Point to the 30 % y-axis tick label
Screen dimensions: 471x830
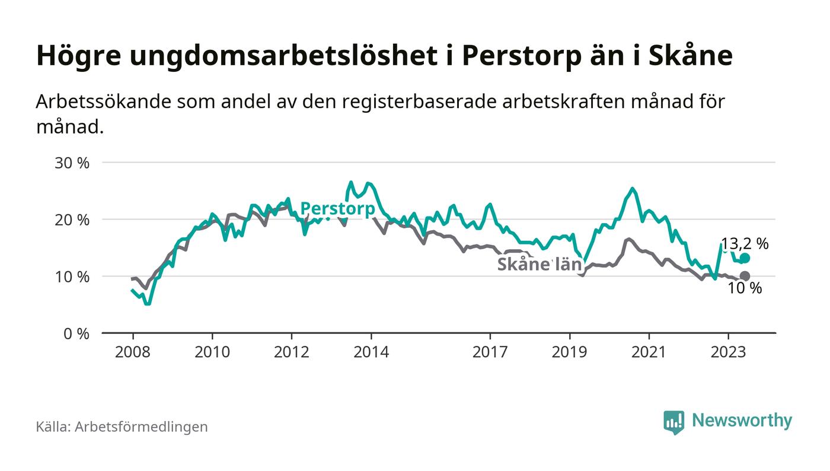(72, 163)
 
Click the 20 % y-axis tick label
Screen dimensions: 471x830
(72, 219)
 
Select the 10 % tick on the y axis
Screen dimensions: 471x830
(72, 276)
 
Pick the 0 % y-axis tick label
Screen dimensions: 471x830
(75, 333)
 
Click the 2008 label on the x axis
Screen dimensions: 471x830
(133, 352)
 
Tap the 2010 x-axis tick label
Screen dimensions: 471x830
(212, 352)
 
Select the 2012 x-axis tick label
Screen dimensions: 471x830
(292, 352)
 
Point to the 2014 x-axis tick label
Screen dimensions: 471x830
(371, 352)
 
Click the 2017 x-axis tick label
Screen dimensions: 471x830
(490, 352)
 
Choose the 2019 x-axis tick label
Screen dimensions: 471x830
(570, 352)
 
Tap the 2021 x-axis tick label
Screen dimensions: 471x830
(649, 352)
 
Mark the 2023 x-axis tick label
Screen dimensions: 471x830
(728, 352)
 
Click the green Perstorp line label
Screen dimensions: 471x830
(337, 209)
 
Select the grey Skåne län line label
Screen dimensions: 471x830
(539, 265)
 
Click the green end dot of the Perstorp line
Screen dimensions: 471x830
(745, 258)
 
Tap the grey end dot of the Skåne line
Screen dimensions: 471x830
(745, 276)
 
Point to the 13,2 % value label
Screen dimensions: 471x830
(745, 243)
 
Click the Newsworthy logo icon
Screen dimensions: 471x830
(674, 422)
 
